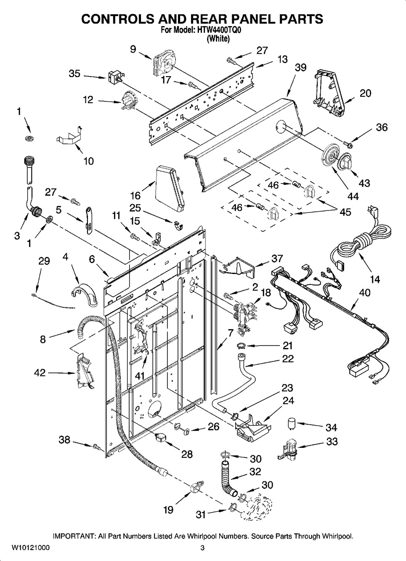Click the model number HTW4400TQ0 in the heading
click(x=220, y=31)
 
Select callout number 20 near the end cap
click(x=365, y=93)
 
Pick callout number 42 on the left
click(x=40, y=373)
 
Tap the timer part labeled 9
click(x=162, y=62)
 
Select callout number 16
click(x=135, y=195)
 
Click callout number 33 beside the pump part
click(x=332, y=441)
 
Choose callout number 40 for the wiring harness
click(x=365, y=292)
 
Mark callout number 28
click(x=187, y=454)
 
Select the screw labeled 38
click(x=96, y=446)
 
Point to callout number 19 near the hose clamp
click(x=168, y=510)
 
